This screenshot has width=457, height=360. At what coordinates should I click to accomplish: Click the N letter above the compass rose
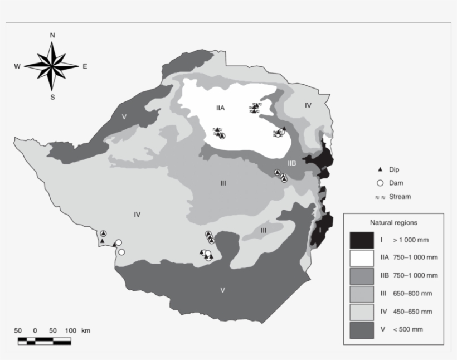click(x=52, y=35)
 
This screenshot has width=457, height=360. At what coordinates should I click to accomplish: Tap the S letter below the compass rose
click(x=52, y=97)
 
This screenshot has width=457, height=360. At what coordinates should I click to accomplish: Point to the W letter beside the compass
click(x=17, y=66)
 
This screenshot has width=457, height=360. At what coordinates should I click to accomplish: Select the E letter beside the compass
click(x=85, y=66)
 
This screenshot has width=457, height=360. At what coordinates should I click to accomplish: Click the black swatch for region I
click(x=361, y=240)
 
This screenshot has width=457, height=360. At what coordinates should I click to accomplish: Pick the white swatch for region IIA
click(x=361, y=257)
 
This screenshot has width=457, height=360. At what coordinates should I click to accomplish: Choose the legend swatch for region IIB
click(x=361, y=275)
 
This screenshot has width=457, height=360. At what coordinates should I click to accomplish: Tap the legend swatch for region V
click(x=361, y=329)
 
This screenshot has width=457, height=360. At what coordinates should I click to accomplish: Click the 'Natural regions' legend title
click(x=393, y=222)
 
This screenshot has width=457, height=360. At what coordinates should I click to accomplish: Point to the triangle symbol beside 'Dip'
click(x=379, y=169)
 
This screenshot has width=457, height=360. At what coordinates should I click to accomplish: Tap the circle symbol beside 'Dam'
click(x=379, y=183)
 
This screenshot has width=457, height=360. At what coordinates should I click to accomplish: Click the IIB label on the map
click(x=292, y=163)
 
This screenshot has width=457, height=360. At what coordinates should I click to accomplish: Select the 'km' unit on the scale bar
click(x=85, y=330)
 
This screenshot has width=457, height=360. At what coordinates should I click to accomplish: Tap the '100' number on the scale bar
click(x=70, y=330)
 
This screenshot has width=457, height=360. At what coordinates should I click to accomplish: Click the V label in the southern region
click(x=222, y=290)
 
